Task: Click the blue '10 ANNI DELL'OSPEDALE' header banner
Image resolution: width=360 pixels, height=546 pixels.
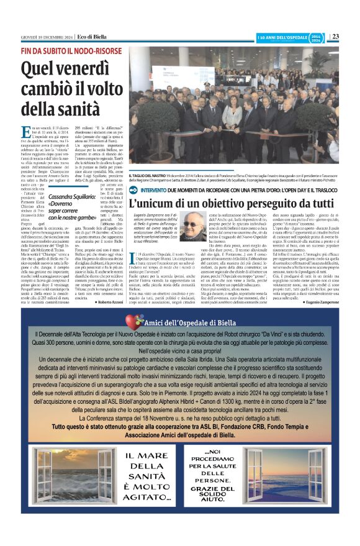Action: coord(282,37)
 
